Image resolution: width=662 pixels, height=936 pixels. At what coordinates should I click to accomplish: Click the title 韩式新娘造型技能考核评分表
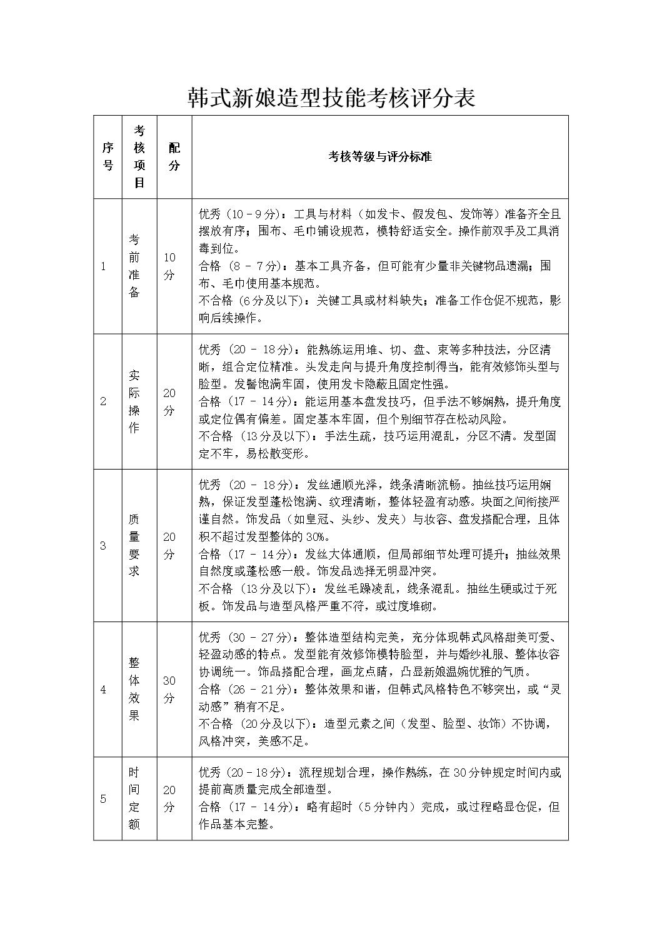[x=331, y=98]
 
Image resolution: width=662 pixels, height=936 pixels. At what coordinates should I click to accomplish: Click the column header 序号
[x=108, y=156]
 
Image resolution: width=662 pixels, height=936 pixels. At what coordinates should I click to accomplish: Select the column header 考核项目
[x=139, y=156]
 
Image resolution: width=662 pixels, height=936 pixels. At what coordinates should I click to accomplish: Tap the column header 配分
[x=174, y=156]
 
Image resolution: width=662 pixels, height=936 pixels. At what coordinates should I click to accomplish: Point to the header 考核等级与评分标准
[x=379, y=156]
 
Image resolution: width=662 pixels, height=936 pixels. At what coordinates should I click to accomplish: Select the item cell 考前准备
[x=134, y=266]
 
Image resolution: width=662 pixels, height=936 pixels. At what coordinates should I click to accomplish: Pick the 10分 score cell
[x=169, y=266]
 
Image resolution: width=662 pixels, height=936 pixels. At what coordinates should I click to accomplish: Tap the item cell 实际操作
[x=134, y=401]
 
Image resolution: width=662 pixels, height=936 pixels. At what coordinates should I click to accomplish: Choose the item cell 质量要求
[x=134, y=545]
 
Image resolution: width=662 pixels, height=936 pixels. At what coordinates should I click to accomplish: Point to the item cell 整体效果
[x=134, y=689]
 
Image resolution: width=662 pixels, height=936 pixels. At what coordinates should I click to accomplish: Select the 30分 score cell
[x=169, y=689]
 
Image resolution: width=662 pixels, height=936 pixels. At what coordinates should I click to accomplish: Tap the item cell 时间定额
[x=134, y=798]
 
